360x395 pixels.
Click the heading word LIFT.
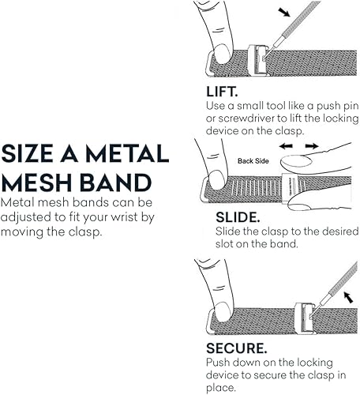pyautogui.click(x=223, y=91)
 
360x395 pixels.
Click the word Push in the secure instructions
pyautogui.click(x=219, y=361)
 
